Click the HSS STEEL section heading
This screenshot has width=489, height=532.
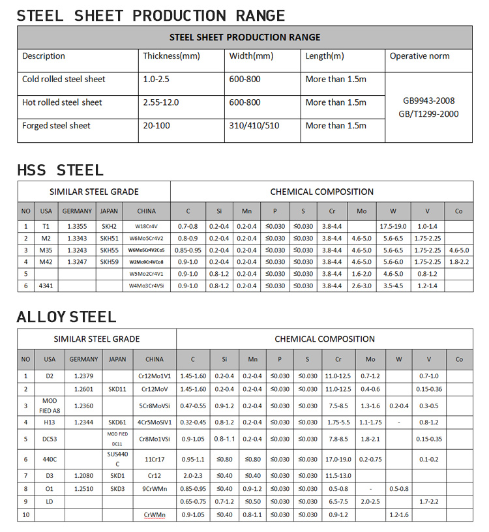click(60, 171)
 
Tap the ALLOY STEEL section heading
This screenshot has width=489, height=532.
click(67, 318)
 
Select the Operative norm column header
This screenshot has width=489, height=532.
click(419, 56)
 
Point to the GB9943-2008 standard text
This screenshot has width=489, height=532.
click(430, 101)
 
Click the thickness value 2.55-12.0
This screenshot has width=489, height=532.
click(160, 102)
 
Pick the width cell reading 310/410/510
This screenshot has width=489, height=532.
click(254, 125)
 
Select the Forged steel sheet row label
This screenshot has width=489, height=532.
click(56, 125)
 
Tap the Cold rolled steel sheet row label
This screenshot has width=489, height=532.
click(63, 79)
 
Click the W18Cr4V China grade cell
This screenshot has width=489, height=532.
click(147, 226)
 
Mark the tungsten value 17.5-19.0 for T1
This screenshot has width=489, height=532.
click(393, 226)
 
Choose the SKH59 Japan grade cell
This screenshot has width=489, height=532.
click(109, 261)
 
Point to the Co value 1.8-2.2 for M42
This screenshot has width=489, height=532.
click(459, 261)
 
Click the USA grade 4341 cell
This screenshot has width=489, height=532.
click(46, 286)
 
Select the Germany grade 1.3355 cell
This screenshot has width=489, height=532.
click(77, 226)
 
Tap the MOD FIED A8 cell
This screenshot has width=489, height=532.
click(50, 406)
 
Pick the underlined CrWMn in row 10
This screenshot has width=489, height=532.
click(155, 515)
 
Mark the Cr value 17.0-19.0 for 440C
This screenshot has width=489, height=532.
click(338, 459)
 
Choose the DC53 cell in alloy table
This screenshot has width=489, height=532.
click(50, 439)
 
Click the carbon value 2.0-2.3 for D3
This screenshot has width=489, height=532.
click(192, 476)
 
